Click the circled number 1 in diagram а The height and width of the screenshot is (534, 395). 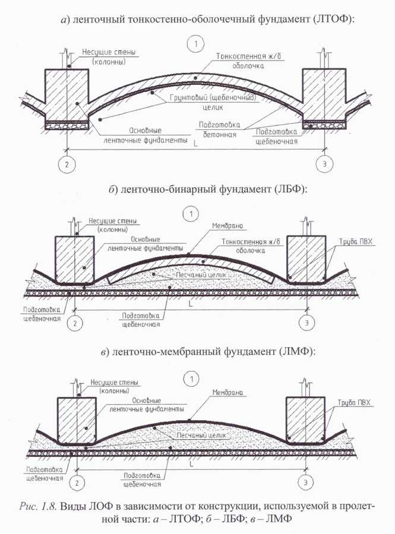tap(195, 44)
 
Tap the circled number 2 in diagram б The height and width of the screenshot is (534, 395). tap(75, 323)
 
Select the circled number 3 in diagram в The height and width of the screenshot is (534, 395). tap(305, 482)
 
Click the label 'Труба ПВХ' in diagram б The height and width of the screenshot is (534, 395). tap(355, 242)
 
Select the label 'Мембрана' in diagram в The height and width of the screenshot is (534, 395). tap(227, 392)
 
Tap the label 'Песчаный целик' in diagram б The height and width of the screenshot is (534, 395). tap(201, 275)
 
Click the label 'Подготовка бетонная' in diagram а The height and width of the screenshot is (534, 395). tap(220, 130)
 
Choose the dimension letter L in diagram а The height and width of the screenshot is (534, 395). tap(195, 144)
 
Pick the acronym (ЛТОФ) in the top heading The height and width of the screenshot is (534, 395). tap(331, 19)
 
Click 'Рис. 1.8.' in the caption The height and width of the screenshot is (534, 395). tap(38, 506)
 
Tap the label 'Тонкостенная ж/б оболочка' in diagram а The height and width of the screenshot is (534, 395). tap(248, 61)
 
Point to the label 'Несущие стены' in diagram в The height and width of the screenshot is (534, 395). tap(114, 383)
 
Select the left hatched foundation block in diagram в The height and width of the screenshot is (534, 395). tap(77, 419)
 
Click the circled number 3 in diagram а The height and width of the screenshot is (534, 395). tap(324, 164)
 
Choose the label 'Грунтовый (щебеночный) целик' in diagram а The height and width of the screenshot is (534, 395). tap(213, 102)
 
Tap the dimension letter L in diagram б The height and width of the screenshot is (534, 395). tap(191, 303)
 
